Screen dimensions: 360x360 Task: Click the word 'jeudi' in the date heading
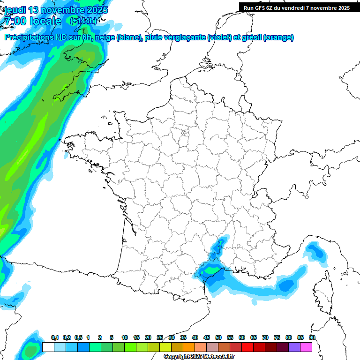(x=15, y=10)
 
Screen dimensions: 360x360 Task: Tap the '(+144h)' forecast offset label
(x=83, y=21)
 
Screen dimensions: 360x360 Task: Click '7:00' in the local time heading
(x=15, y=21)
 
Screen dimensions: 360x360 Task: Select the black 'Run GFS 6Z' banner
(x=297, y=7)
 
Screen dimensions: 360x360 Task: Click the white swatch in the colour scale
(x=48, y=347)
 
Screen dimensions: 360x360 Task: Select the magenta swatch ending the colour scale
(x=306, y=347)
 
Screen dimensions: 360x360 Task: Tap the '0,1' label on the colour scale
(x=55, y=337)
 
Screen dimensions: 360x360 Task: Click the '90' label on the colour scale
(x=312, y=337)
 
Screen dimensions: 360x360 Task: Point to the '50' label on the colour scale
(x=218, y=337)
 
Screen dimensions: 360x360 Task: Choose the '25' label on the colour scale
(x=160, y=337)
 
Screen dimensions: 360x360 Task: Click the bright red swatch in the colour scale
(x=247, y=347)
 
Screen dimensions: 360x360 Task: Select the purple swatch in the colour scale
(x=294, y=347)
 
